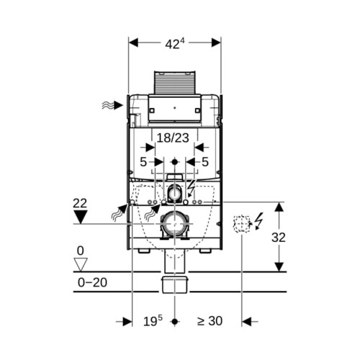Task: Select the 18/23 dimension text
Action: click(x=173, y=138)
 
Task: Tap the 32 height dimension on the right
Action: click(x=279, y=238)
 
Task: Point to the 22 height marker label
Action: click(x=80, y=204)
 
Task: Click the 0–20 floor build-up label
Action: click(x=92, y=282)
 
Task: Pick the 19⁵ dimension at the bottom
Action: click(x=153, y=321)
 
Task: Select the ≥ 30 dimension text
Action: click(x=210, y=321)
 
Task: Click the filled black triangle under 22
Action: click(x=80, y=217)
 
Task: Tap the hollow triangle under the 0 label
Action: click(x=80, y=264)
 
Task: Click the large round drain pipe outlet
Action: click(x=174, y=224)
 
